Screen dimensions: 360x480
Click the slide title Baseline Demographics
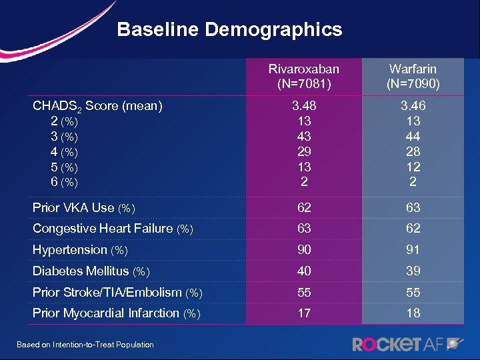pos(229,30)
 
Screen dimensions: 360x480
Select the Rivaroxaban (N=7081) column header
pos(303,77)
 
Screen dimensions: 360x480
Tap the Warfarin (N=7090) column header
pos(413,77)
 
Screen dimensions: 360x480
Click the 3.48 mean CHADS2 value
pos(304,106)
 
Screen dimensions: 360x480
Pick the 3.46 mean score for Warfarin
pos(413,106)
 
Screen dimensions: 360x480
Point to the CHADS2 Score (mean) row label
pos(97,106)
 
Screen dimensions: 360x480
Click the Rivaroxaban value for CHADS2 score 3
pos(304,136)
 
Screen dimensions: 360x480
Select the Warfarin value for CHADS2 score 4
pos(413,151)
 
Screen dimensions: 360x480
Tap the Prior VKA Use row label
pos(84,208)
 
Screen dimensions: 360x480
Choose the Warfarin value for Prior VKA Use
pos(413,208)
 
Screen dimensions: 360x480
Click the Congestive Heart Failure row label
pos(113,229)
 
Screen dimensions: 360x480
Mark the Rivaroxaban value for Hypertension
pos(304,250)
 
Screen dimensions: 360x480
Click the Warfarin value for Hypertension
pos(413,250)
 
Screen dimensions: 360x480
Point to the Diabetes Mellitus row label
pos(91,271)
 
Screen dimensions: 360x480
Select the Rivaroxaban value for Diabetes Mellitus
pos(304,271)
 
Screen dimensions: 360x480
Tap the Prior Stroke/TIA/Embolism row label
pos(117,292)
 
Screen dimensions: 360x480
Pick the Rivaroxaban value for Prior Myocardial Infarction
pos(304,313)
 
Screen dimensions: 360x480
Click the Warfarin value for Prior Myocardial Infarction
pos(413,313)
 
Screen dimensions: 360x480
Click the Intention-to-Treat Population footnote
pos(85,345)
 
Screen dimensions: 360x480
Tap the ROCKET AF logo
pos(407,344)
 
